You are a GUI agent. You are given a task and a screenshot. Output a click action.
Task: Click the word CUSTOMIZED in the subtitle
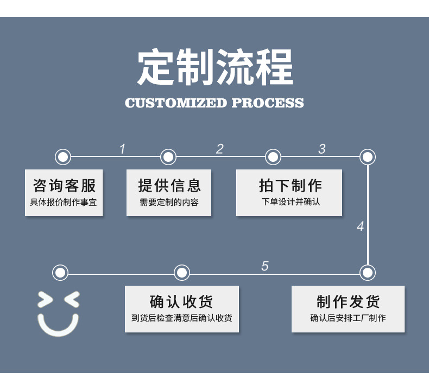[175, 103]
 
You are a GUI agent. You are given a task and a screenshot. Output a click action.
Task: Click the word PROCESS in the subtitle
[268, 103]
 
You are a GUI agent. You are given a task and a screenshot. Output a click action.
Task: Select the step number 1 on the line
[122, 149]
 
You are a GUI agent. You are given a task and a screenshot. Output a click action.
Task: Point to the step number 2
[220, 149]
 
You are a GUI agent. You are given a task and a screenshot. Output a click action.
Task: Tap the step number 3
[322, 149]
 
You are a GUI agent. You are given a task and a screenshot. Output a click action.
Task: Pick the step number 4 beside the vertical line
[360, 227]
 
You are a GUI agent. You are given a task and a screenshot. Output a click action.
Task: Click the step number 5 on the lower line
[265, 266]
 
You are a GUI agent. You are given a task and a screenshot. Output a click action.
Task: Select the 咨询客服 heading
[64, 186]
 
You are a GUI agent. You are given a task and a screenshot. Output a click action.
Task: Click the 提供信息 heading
[169, 186]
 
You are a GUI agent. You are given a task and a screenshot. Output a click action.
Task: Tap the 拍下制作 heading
[290, 186]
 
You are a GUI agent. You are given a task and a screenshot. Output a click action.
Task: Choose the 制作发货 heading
[348, 302]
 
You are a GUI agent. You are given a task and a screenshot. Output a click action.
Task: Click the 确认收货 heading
[181, 302]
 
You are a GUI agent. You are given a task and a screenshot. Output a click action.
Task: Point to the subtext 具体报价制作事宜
[64, 203]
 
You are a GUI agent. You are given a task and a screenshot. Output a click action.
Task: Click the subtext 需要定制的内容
[169, 203]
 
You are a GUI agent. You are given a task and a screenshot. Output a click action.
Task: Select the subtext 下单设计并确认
[290, 203]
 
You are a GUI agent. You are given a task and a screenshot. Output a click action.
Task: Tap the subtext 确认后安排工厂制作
[348, 318]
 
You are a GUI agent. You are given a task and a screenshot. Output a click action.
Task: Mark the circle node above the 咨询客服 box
[63, 157]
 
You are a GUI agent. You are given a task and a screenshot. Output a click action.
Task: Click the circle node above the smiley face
[60, 272]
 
